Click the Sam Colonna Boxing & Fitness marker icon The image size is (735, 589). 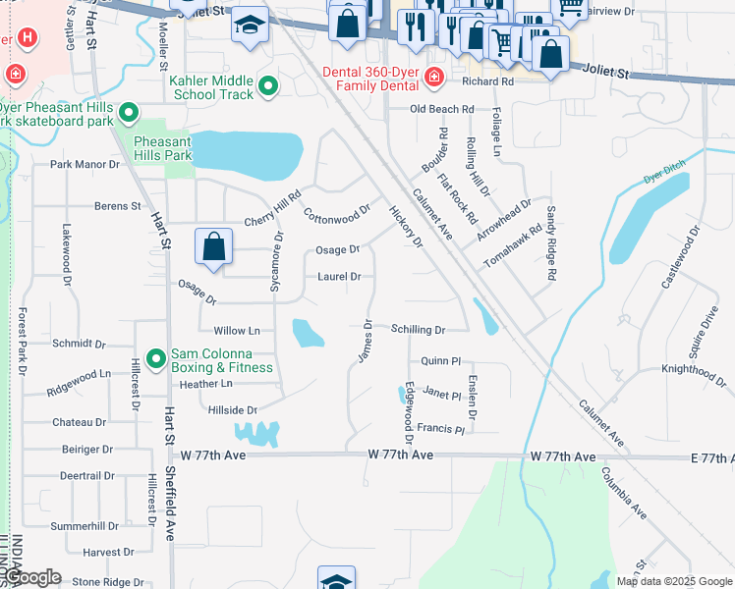(x=155, y=360)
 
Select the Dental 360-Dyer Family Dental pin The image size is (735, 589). (x=433, y=75)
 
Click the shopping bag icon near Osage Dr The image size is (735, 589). (x=213, y=248)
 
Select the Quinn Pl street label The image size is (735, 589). (x=441, y=361)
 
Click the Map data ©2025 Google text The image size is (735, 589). (x=673, y=581)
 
